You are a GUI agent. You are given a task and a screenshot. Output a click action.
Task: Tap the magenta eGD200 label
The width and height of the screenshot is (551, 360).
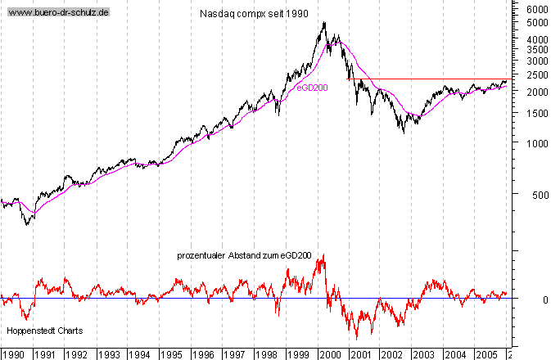pyautogui.click(x=312, y=88)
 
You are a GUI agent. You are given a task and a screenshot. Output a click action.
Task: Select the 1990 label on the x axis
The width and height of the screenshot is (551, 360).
pyautogui.click(x=14, y=354)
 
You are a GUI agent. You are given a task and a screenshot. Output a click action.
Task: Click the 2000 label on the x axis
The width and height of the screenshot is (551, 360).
pyautogui.click(x=329, y=354)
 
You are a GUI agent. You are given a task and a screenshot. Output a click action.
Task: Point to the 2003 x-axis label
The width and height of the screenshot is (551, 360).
pyautogui.click(x=423, y=354)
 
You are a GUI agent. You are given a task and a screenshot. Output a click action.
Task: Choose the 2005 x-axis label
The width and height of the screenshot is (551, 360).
pyautogui.click(x=486, y=354)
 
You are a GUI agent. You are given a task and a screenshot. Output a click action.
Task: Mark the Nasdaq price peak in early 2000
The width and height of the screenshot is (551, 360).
pyautogui.click(x=325, y=23)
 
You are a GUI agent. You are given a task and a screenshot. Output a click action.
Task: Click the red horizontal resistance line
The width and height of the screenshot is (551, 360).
pyautogui.click(x=426, y=79)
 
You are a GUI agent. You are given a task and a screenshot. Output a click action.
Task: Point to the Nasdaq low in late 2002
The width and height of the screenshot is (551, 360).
pyautogui.click(x=403, y=131)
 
